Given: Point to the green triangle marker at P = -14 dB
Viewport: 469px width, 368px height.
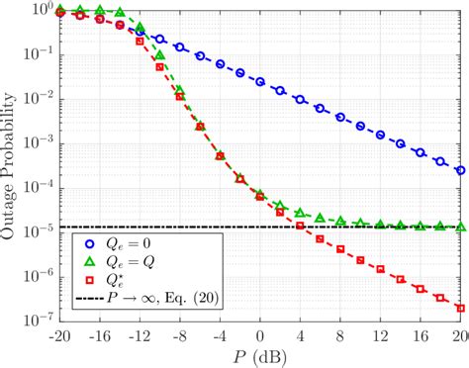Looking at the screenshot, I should pyautogui.click(x=120, y=14).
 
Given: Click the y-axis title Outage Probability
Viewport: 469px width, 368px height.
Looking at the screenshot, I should pyautogui.click(x=12, y=163).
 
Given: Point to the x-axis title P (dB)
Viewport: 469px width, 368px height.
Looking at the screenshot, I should pyautogui.click(x=259, y=354).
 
